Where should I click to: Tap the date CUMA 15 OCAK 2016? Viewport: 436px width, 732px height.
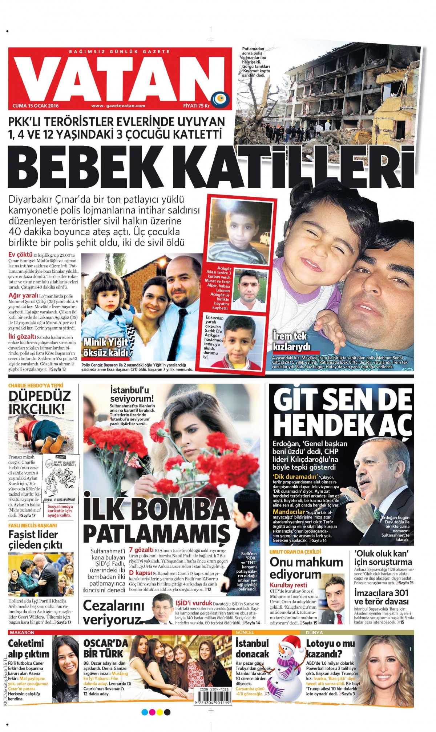coord(36,106)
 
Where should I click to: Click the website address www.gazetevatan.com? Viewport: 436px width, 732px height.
coord(118,106)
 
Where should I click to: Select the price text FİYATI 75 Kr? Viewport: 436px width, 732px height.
coord(196,106)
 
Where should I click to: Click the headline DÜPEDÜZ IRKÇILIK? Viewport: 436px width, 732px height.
coord(40,402)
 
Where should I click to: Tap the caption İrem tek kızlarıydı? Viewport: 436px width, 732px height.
coord(291,341)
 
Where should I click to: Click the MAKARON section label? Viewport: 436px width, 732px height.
coord(22,633)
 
